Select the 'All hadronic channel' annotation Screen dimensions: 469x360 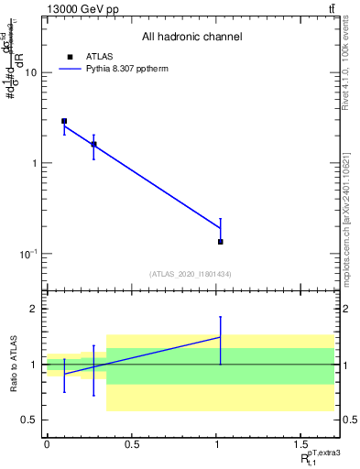point(191,38)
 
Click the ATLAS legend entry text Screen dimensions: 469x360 point(99,57)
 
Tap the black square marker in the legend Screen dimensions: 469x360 point(70,57)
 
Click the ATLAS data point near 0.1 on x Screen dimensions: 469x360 point(64,121)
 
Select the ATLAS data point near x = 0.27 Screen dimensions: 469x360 point(93,144)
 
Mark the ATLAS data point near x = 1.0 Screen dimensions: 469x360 point(221,242)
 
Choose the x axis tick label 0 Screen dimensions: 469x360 point(47,444)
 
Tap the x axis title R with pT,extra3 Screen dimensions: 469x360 point(319,458)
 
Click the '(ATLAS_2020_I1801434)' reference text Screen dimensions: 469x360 point(191,275)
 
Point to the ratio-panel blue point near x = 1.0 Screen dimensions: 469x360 point(221,337)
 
